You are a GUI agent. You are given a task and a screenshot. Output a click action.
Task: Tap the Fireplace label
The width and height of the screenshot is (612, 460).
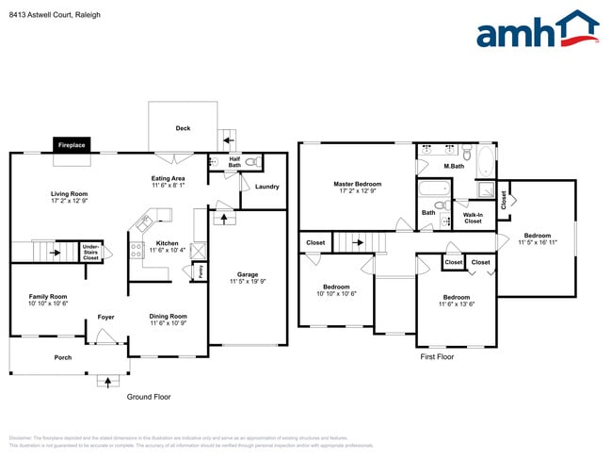click(x=72, y=145)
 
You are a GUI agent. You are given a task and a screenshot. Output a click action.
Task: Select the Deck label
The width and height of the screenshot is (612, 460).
click(x=183, y=128)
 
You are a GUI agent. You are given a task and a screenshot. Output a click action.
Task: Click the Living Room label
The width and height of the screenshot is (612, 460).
click(x=68, y=194)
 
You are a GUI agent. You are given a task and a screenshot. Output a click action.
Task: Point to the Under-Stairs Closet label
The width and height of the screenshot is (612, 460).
click(x=90, y=252)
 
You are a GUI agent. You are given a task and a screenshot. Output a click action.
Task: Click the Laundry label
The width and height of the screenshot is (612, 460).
click(x=266, y=187)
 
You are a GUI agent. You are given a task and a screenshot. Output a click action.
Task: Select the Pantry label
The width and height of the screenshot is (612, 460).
click(x=200, y=272)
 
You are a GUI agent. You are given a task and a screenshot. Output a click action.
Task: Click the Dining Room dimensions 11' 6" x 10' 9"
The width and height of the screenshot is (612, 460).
click(x=168, y=324)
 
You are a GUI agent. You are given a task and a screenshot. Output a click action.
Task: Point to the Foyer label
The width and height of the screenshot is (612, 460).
click(x=105, y=317)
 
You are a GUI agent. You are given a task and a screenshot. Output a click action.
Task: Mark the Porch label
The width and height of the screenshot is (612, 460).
click(x=62, y=357)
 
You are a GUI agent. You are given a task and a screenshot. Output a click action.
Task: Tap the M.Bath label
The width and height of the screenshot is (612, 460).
click(x=454, y=167)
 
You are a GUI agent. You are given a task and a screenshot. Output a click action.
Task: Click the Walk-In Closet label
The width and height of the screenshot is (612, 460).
click(x=473, y=218)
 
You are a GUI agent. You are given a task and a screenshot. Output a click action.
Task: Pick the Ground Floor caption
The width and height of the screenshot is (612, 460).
click(x=149, y=397)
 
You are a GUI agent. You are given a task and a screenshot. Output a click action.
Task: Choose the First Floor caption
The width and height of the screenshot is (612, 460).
click(x=437, y=357)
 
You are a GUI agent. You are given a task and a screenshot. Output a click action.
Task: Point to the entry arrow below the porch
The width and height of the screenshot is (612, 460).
click(x=105, y=382)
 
